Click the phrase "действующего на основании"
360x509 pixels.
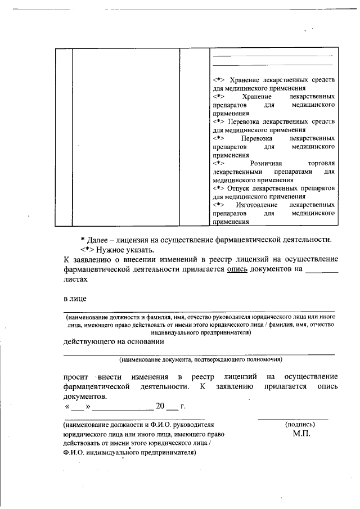[x=113, y=341]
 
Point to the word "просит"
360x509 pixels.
[x=75, y=376]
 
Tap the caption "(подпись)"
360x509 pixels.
[x=300, y=425]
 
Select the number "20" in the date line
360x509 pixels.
[x=160, y=406]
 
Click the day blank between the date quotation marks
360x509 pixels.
[x=77, y=407]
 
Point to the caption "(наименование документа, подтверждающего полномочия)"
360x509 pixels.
[x=200, y=359]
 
